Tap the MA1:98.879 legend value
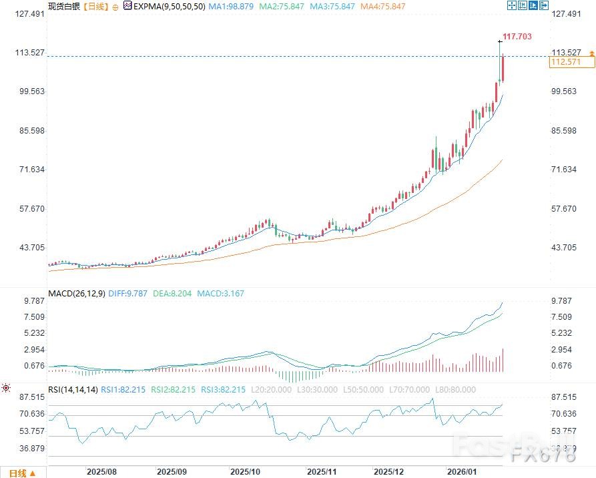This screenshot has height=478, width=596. [x=232, y=6]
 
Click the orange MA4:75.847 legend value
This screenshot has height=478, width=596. [x=382, y=6]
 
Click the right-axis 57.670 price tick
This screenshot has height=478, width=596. [x=564, y=209]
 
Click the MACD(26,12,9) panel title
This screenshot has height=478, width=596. [x=76, y=293]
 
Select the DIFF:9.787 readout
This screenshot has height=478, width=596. [x=129, y=293]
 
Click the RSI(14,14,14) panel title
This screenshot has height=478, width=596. [x=73, y=389]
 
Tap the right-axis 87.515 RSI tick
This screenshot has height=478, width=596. [x=564, y=397]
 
